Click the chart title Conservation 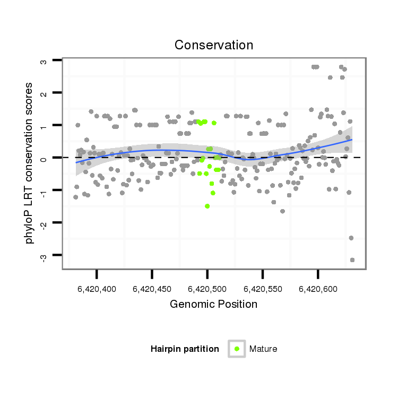[214, 45]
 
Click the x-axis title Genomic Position [214, 304]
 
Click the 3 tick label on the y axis [44, 61]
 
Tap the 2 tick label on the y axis [44, 93]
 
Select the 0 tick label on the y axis [44, 158]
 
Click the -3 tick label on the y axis [44, 256]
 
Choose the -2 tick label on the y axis [44, 223]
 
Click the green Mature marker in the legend [237, 349]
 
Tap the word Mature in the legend [263, 349]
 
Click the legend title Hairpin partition [185, 349]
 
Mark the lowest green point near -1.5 [207, 206]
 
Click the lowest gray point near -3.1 [352, 259]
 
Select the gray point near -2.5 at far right [351, 238]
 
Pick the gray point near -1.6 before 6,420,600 [282, 211]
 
